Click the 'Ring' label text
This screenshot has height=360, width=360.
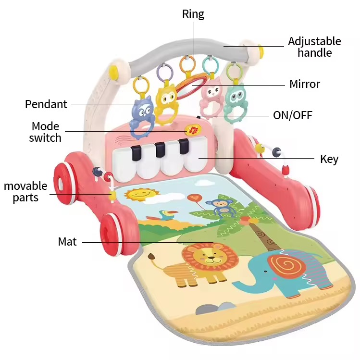tap(193, 14)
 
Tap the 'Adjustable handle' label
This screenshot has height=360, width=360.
tap(314, 47)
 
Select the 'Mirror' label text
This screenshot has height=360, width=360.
tap(304, 85)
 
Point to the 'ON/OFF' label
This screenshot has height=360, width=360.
tap(293, 115)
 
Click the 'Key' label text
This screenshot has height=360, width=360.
tap(329, 159)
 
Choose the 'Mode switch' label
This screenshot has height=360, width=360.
tap(45, 132)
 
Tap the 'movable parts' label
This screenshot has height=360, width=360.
tap(25, 191)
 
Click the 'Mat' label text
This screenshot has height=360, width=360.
tap(67, 242)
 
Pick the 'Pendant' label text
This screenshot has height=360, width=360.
tap(46, 103)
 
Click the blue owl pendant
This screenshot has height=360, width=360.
tap(142, 113)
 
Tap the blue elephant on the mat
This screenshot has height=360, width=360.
tap(284, 274)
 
